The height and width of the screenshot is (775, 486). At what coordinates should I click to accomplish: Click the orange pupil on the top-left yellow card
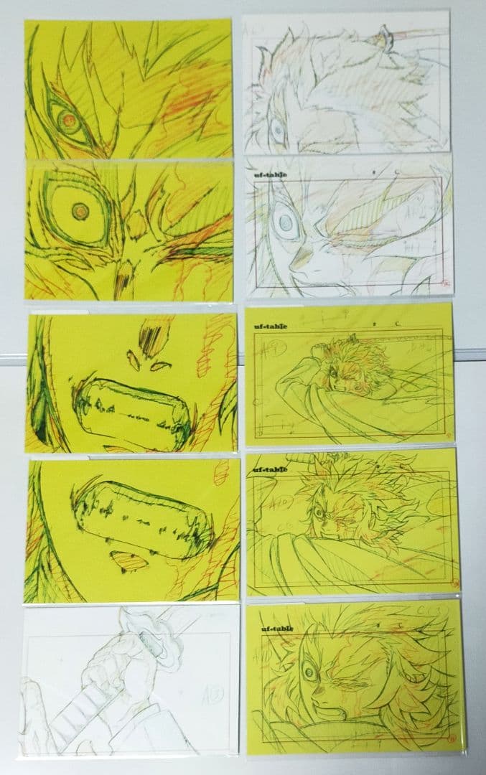(68, 120)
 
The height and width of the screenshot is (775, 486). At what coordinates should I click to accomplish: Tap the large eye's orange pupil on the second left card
(80, 211)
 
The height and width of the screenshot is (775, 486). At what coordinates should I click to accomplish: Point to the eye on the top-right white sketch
(276, 131)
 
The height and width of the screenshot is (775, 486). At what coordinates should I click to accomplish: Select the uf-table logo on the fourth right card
(268, 469)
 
